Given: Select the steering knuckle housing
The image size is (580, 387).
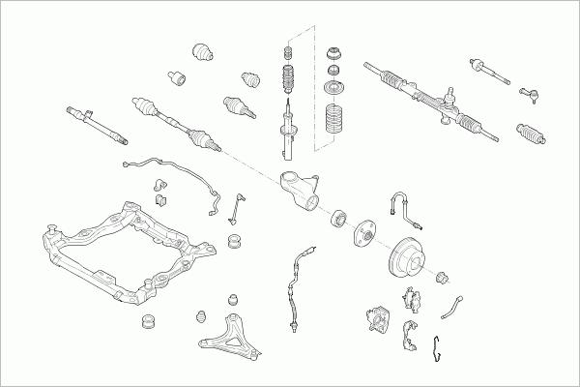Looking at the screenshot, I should [299, 189].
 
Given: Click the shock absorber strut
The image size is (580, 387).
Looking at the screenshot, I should [288, 131].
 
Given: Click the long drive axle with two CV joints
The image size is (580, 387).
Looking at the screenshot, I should [174, 118].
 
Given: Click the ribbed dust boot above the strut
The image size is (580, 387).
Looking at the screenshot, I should [287, 79].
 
